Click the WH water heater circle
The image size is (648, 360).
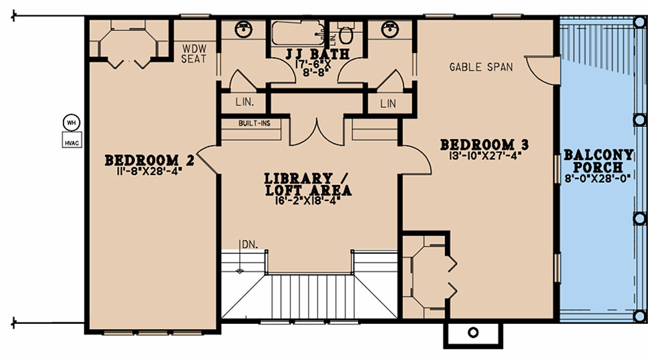(x=71, y=123)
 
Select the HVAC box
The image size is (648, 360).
(x=72, y=140)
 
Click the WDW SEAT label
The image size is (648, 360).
(x=194, y=53)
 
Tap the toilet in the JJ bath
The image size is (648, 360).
(x=346, y=33)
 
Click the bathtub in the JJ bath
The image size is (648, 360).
(x=297, y=33)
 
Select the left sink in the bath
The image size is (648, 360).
(x=243, y=29)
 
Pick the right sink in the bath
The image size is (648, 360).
(x=389, y=29)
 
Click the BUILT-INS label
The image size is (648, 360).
(x=254, y=123)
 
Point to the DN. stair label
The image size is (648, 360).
(x=250, y=244)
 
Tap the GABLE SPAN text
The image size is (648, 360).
(x=481, y=67)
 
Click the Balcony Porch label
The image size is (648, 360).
(x=599, y=161)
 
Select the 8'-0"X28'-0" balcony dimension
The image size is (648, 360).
(x=598, y=178)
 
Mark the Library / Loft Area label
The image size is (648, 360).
(x=308, y=184)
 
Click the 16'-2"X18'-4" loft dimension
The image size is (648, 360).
(x=308, y=200)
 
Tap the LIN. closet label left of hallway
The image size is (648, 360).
(x=245, y=102)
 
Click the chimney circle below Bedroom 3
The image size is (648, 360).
(x=473, y=333)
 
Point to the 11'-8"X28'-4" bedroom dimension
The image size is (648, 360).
(x=149, y=171)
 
